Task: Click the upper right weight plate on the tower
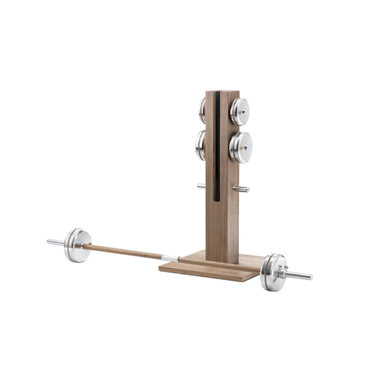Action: click(x=240, y=109)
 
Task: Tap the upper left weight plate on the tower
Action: click(x=203, y=109)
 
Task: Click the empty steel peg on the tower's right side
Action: click(x=243, y=189)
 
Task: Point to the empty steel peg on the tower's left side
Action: click(x=202, y=187)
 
